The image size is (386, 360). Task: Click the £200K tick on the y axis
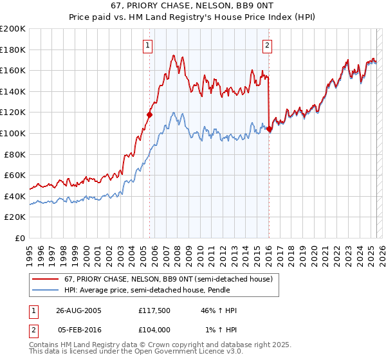click(13, 29)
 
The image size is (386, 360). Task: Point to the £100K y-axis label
click(13, 133)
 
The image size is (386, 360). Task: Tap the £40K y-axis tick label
click(15, 196)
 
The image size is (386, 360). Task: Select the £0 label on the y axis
click(21, 238)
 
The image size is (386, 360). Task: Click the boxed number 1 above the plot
click(149, 45)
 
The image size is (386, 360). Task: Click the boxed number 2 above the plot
click(267, 45)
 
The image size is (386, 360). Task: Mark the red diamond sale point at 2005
click(150, 115)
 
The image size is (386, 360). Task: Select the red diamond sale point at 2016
click(268, 129)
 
